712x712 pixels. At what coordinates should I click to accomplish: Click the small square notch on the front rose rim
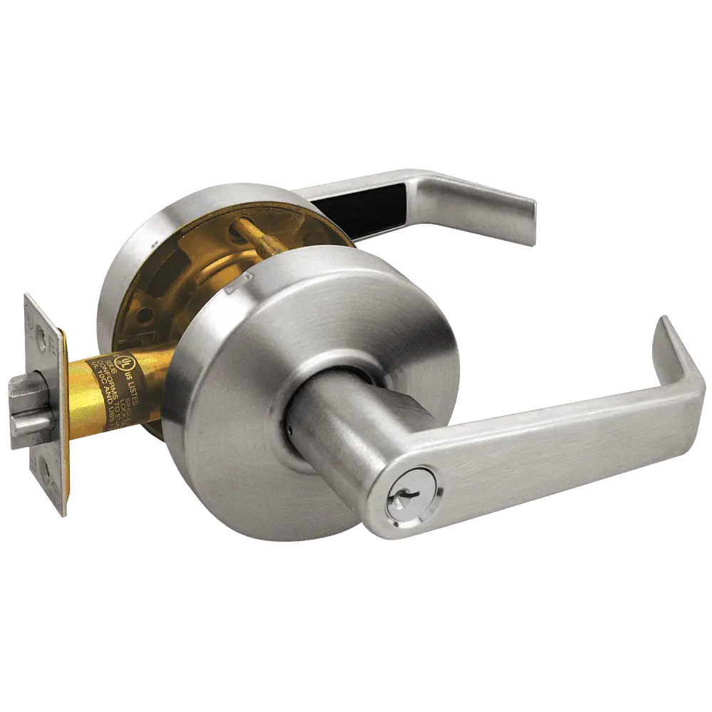(228, 290)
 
